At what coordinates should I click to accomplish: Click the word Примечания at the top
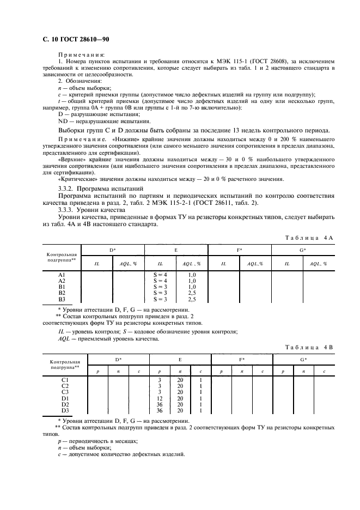[76, 57]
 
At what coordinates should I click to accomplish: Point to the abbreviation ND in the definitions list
[63, 122]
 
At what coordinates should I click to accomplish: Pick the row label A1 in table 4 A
[62, 275]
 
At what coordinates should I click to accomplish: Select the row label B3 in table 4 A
[62, 299]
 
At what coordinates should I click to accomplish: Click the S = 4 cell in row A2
[161, 281]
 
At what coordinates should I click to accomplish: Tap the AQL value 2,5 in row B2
[192, 293]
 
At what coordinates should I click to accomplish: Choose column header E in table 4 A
[176, 250]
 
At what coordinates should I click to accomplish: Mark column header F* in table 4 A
[239, 250]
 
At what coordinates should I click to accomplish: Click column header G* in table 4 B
[303, 360]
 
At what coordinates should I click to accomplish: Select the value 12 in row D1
[160, 398]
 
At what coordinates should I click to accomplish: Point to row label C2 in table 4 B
[65, 386]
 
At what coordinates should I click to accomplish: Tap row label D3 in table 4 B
[65, 410]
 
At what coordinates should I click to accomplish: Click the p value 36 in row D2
[160, 404]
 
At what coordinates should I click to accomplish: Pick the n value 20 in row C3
[180, 392]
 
